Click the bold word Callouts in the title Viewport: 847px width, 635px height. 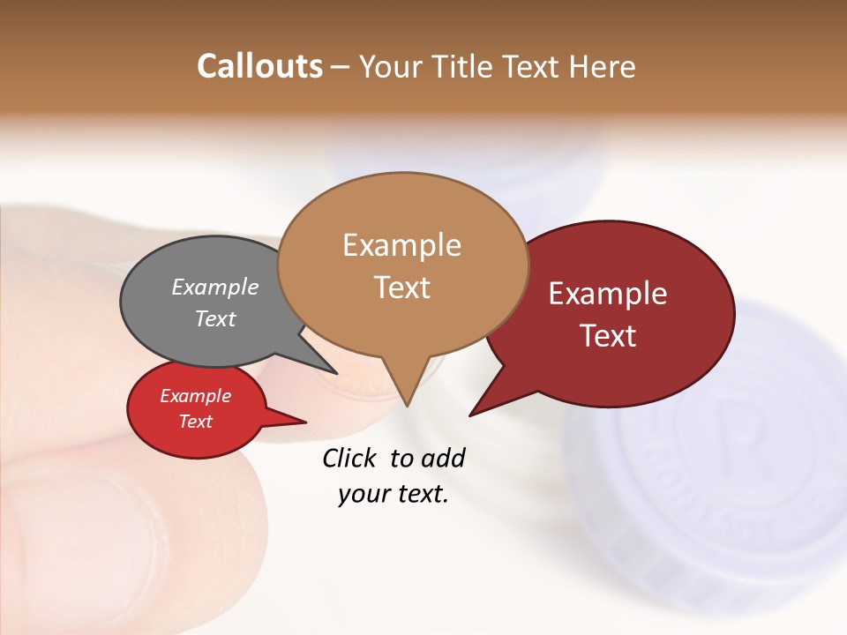coord(259,66)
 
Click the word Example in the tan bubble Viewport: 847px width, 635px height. coord(401,245)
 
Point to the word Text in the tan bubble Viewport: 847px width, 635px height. coord(402,288)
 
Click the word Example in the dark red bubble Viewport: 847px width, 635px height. coord(608,294)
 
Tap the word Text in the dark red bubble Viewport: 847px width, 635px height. coord(609,336)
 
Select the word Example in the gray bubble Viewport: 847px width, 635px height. coord(215,288)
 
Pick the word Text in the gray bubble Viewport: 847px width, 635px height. coord(215,319)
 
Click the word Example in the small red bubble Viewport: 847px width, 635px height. coord(196,396)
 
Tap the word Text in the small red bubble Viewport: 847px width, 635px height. coord(196,422)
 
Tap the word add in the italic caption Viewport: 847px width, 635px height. coord(442,458)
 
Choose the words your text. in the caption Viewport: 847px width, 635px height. coord(394,494)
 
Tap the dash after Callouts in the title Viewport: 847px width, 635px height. coord(341,67)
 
